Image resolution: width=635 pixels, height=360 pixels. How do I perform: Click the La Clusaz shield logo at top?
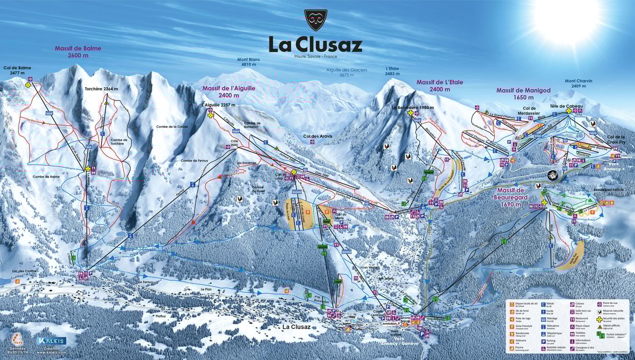tap(316, 21)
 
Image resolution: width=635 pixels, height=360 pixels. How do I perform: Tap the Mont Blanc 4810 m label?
tap(248, 62)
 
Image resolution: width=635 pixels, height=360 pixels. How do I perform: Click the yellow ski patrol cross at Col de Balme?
tap(28, 85)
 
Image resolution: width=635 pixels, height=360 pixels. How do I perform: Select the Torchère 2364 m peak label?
tap(102, 89)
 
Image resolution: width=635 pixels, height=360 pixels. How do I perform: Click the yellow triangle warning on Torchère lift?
tap(106, 103)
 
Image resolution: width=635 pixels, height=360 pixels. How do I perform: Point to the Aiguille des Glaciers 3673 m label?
tap(347, 72)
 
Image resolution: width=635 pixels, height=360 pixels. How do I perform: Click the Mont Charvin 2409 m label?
tap(578, 83)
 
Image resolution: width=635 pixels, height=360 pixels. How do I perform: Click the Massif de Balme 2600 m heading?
tap(78, 51)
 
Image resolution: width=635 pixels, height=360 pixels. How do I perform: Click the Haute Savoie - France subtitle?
tap(316, 56)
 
